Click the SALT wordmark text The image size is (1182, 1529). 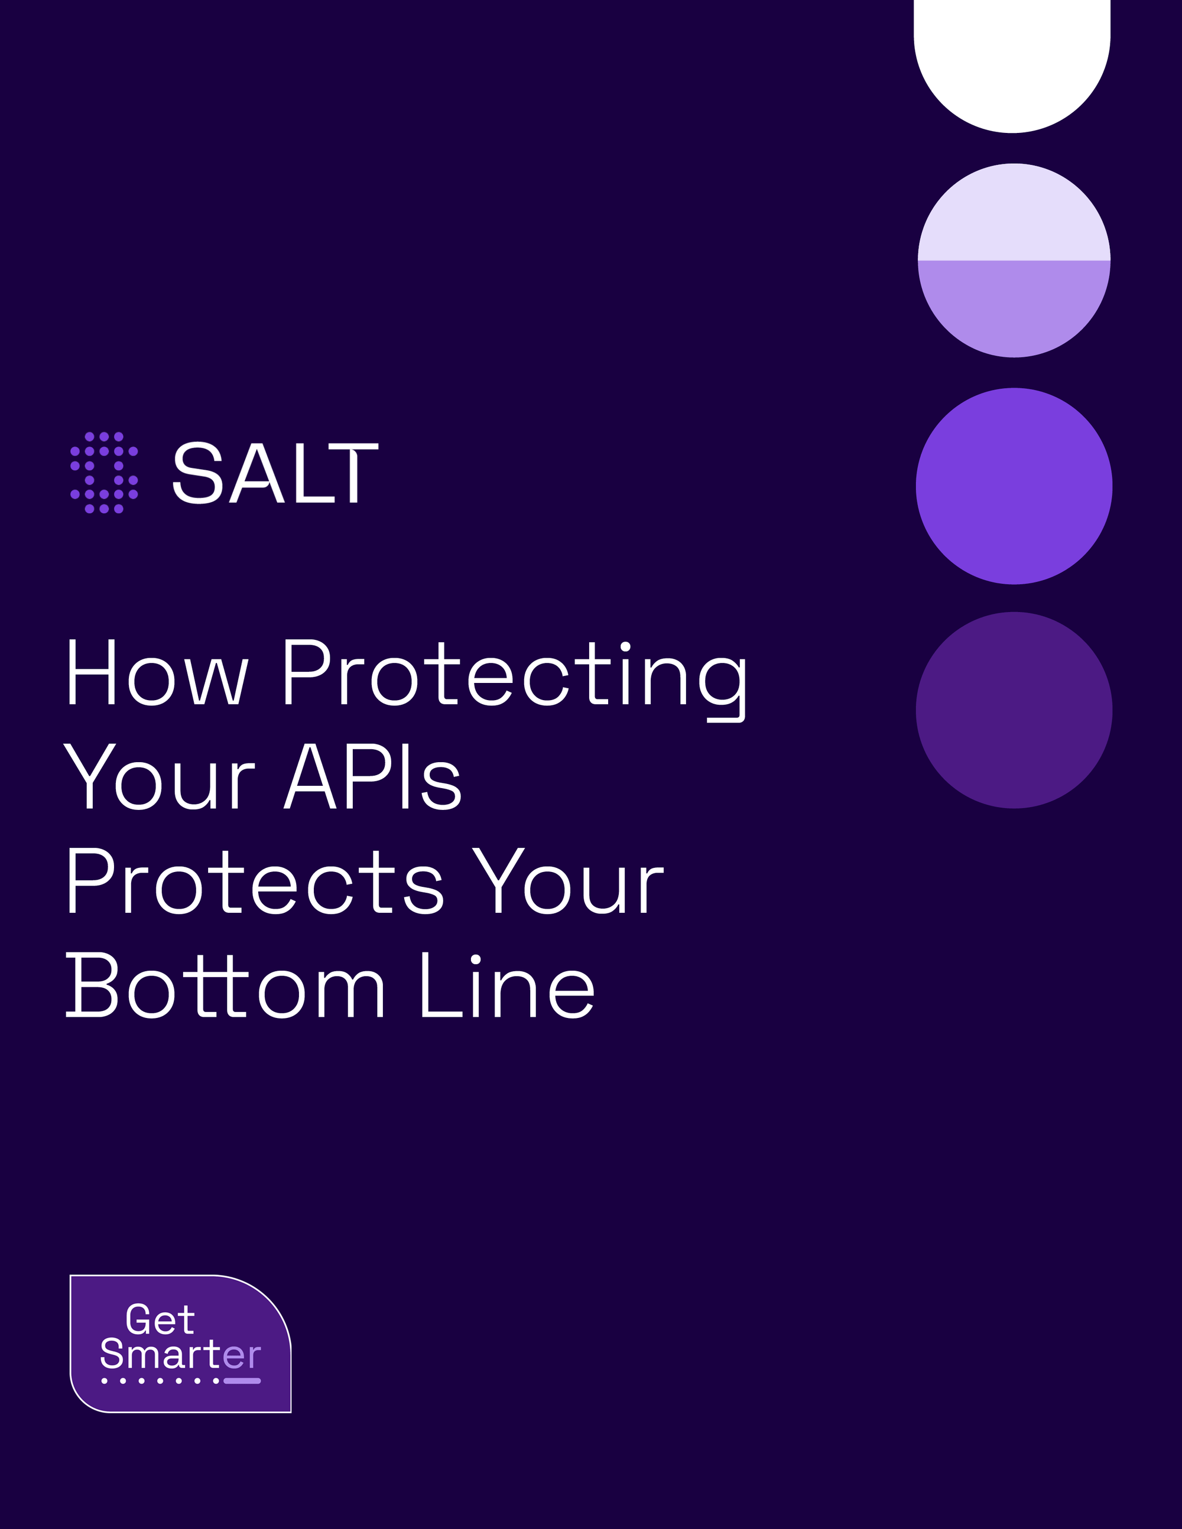click(x=275, y=473)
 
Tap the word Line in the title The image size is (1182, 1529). click(x=508, y=984)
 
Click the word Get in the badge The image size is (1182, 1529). click(x=160, y=1320)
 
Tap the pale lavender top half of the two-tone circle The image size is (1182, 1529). click(x=1014, y=212)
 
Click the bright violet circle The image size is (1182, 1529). click(x=1014, y=486)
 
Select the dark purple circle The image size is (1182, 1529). click(x=1014, y=710)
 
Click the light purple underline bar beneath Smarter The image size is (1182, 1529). click(x=242, y=1381)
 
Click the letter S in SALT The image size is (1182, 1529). click(x=197, y=473)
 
